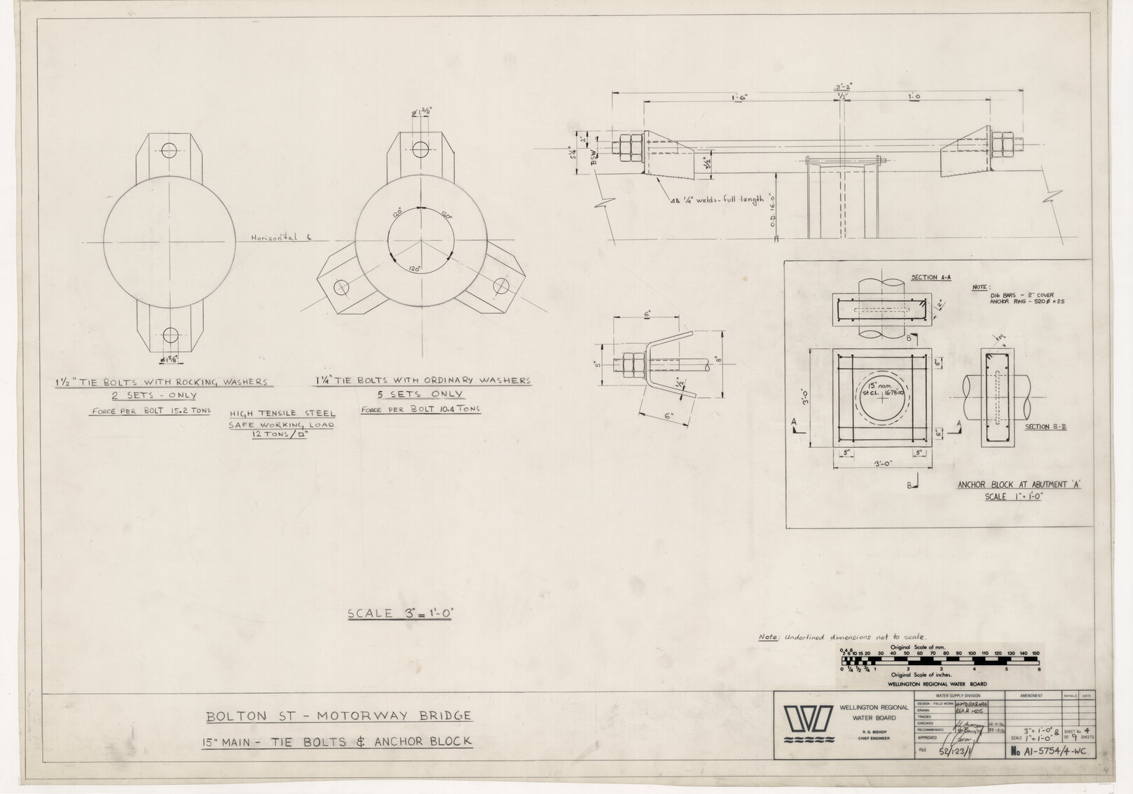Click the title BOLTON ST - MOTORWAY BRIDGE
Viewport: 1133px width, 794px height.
tap(338, 716)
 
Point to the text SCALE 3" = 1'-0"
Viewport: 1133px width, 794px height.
tap(401, 613)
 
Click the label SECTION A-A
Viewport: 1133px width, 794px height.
tap(931, 278)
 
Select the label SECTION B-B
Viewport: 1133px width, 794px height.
tap(1045, 426)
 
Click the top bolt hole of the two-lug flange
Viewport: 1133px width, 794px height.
tap(169, 150)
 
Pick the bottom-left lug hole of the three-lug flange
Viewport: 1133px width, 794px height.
tap(341, 287)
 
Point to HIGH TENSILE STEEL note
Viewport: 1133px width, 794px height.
tap(282, 413)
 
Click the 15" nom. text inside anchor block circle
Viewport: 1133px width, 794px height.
tap(873, 385)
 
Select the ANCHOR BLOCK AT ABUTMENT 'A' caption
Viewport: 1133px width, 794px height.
tap(1010, 485)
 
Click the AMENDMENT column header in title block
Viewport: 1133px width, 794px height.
tap(1032, 696)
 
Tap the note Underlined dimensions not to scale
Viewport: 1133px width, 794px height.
tap(842, 637)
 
